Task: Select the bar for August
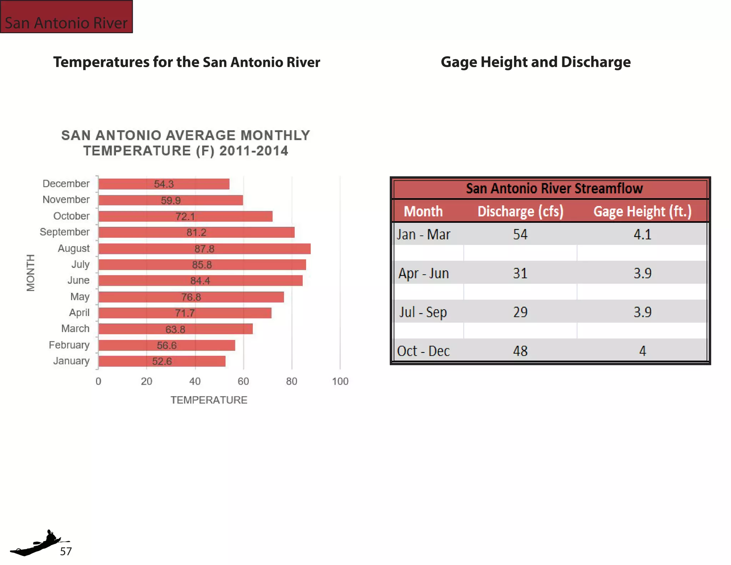click(204, 249)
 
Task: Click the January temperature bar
click(162, 361)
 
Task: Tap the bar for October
click(185, 216)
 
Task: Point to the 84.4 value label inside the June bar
click(200, 281)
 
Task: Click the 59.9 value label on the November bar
click(171, 200)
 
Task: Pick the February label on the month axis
click(69, 345)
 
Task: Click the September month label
click(65, 232)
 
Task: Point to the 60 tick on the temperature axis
click(243, 381)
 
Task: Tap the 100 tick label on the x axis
click(340, 381)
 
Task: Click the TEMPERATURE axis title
click(209, 400)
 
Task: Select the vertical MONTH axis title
click(31, 273)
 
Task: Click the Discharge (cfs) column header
click(520, 211)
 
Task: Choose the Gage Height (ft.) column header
click(642, 211)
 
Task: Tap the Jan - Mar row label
click(423, 235)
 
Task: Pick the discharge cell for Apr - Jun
click(520, 274)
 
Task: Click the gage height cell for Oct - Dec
click(642, 351)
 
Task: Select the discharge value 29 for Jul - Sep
click(520, 312)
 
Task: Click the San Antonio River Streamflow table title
click(554, 189)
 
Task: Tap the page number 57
click(66, 551)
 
